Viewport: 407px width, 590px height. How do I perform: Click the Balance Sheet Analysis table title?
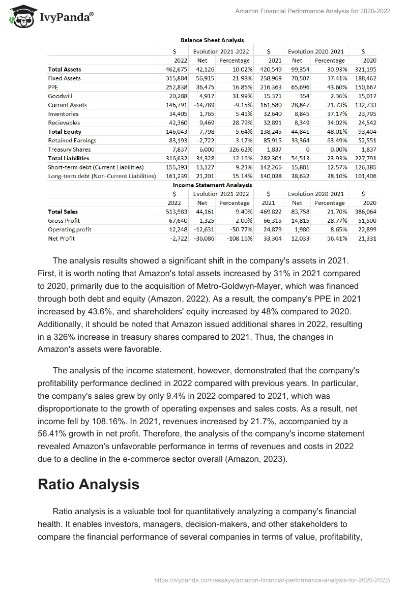pos(212,40)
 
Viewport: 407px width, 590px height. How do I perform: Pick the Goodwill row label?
pos(60,96)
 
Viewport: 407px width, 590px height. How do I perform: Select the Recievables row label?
pos(64,123)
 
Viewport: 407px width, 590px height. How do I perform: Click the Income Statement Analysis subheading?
pos(212,185)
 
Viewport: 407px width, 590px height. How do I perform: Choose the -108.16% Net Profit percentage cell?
pos(235,239)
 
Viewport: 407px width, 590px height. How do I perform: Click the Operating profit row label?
pos(70,229)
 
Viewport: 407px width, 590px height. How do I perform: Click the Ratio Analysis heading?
pos(89,484)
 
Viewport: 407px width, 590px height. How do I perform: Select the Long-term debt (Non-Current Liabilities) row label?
pos(102,176)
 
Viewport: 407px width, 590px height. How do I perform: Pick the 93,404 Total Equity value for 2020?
pos(365,132)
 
